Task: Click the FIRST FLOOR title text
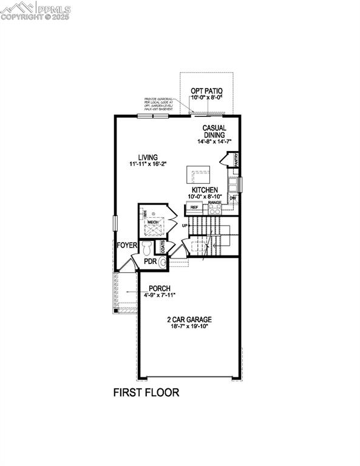coord(146,393)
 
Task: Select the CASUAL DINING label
coord(214,131)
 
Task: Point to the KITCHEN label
coord(205,190)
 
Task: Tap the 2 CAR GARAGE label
coord(189,319)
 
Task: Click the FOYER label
coord(127,245)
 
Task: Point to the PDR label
coord(151,262)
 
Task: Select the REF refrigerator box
coord(194,208)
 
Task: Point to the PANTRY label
coord(235,159)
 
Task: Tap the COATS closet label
coord(163,246)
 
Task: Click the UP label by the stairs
coord(184,226)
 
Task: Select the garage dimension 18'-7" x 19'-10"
coord(189,326)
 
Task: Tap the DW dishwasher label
coord(233,198)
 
